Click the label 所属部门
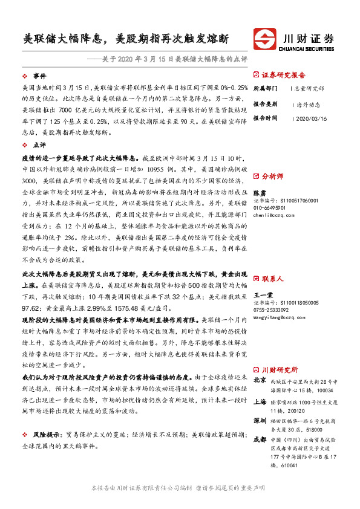pyautogui.click(x=264, y=88)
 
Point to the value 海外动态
pyautogui.click(x=300, y=103)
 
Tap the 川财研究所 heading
pyautogui.click(x=280, y=369)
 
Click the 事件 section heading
pyautogui.click(x=39, y=76)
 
